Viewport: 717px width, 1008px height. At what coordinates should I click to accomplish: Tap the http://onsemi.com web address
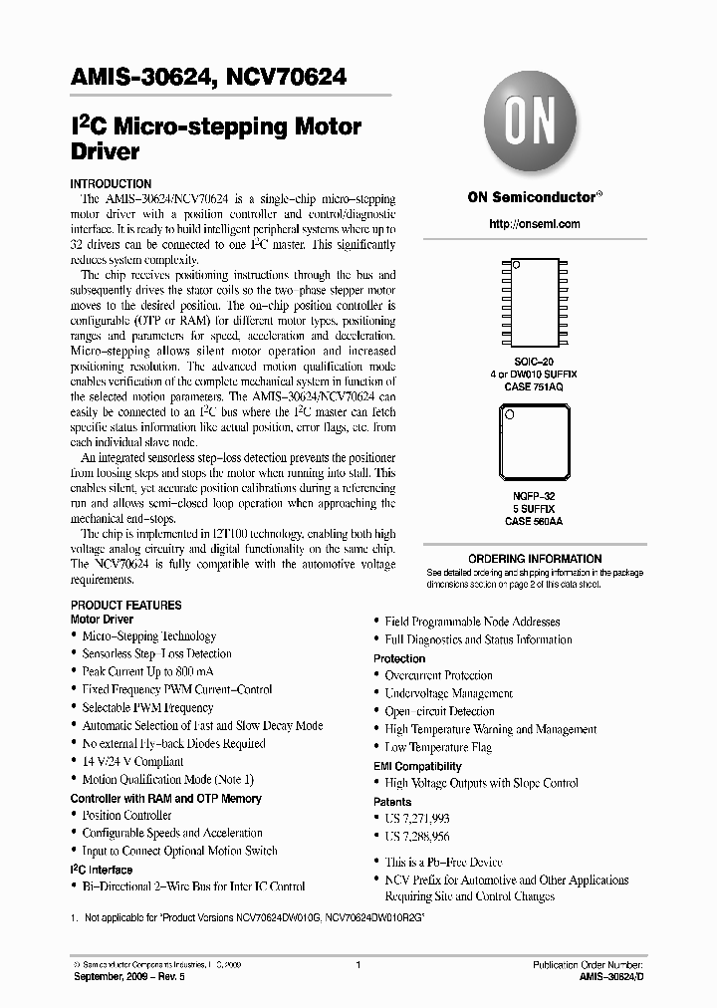pos(534,224)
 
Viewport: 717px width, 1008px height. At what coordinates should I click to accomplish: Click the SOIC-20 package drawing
pos(535,304)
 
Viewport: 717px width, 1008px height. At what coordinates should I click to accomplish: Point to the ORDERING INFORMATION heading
pos(535,559)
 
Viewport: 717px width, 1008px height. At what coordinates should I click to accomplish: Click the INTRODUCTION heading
pos(111,184)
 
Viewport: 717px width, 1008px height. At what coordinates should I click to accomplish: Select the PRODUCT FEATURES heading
pos(125,605)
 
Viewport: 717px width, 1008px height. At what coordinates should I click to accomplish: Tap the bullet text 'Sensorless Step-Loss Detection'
pos(156,654)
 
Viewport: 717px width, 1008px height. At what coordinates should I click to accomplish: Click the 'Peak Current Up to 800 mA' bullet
pos(147,672)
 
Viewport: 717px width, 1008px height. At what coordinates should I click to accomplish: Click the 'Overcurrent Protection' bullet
pos(438,675)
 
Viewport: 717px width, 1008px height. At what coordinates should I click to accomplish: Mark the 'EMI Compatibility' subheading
pos(417,766)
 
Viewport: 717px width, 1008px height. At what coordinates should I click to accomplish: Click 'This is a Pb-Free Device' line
pos(443,862)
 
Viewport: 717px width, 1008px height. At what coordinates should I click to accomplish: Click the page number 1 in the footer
pos(358,966)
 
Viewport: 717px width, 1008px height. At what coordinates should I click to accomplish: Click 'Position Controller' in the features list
pos(126,816)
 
